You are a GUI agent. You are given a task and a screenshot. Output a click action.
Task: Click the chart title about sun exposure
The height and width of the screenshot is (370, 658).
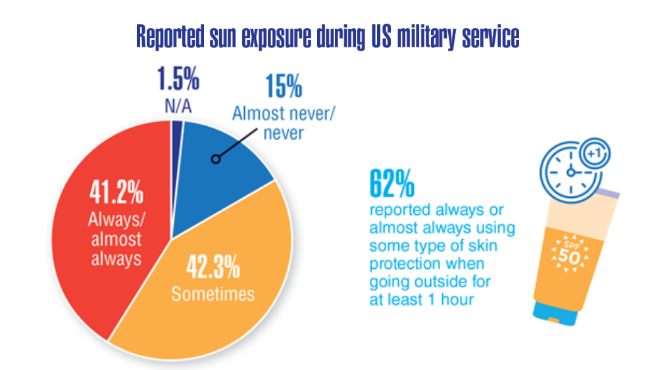coord(328,37)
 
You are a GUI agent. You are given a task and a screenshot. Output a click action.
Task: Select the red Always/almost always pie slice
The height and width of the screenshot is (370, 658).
coord(113,226)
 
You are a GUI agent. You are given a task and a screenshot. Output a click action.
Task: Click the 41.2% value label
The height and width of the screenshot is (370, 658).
coord(116,192)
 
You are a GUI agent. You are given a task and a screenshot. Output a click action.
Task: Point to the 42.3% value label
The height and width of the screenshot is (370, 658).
coord(213,267)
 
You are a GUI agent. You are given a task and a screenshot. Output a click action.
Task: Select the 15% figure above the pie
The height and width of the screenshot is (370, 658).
coord(284,86)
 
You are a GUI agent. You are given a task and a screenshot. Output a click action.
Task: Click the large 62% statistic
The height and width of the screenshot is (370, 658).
coord(392,183)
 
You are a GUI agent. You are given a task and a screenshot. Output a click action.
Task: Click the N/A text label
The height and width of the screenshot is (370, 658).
coord(178,106)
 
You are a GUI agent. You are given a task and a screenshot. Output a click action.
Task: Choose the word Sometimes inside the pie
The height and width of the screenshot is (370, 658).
coord(213,294)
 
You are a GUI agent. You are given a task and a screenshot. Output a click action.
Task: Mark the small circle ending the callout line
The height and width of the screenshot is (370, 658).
coord(216,159)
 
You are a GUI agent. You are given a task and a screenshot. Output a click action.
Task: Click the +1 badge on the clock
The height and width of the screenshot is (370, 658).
coord(595,153)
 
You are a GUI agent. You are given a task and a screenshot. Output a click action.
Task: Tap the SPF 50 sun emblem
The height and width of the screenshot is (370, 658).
coord(569,255)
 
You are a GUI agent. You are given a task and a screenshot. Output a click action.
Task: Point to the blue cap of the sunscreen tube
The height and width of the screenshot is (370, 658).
coord(554,314)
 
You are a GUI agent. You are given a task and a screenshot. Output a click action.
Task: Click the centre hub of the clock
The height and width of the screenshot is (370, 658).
coord(570,172)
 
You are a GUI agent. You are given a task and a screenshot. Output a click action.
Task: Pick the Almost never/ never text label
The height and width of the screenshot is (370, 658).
coord(284,123)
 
